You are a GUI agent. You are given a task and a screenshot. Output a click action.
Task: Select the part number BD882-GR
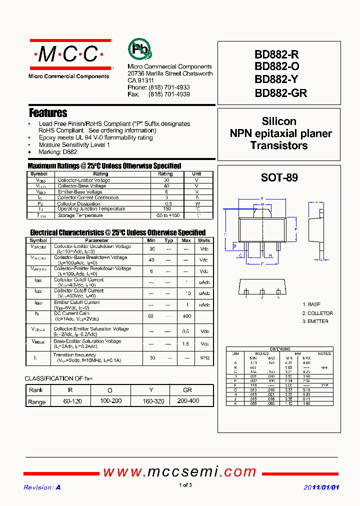pyautogui.click(x=280, y=93)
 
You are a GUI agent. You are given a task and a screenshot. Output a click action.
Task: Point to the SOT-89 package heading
pyautogui.click(x=279, y=177)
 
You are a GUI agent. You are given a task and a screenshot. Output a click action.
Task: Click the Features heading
pyautogui.click(x=48, y=113)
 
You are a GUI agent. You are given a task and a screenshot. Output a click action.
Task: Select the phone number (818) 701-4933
pyautogui.click(x=169, y=87)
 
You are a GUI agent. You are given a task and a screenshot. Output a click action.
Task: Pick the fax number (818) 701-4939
pyautogui.click(x=169, y=94)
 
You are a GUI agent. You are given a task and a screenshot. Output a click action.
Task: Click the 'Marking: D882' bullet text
pyautogui.click(x=57, y=152)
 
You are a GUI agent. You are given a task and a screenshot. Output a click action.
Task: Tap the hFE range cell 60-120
pyautogui.click(x=69, y=401)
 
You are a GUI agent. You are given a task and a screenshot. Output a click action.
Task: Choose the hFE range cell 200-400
pyautogui.click(x=187, y=401)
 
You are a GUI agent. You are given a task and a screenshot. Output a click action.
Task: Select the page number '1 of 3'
pyautogui.click(x=185, y=485)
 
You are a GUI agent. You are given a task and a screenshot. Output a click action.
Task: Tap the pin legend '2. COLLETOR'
pyautogui.click(x=317, y=313)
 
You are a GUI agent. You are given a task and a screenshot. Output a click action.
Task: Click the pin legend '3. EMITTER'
pyautogui.click(x=315, y=321)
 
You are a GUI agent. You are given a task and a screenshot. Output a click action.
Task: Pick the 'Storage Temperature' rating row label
pyautogui.click(x=80, y=215)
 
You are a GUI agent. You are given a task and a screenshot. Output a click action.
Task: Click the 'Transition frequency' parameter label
pyautogui.click(x=74, y=355)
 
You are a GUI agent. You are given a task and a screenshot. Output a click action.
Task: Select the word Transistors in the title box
pyautogui.click(x=279, y=146)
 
